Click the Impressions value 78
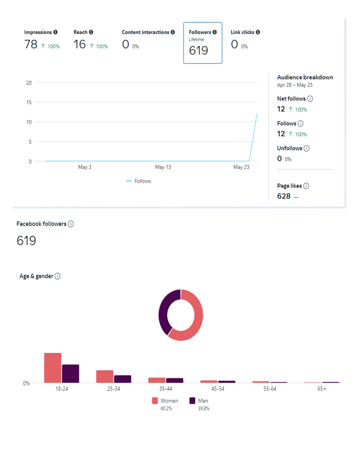coord(30,45)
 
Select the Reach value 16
coord(79,45)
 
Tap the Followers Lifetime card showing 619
coord(202,43)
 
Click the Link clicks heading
coord(243,32)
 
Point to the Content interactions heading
coord(146,32)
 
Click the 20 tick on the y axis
coord(29,83)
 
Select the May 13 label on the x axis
coord(162,168)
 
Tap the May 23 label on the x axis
coord(242,168)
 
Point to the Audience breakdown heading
coord(305,78)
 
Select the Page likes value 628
coord(284,196)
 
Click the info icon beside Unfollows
coord(306,148)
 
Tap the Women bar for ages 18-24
coord(53,368)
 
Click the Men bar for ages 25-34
coord(122,379)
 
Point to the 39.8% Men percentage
coord(204,409)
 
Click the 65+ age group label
coord(322,389)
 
